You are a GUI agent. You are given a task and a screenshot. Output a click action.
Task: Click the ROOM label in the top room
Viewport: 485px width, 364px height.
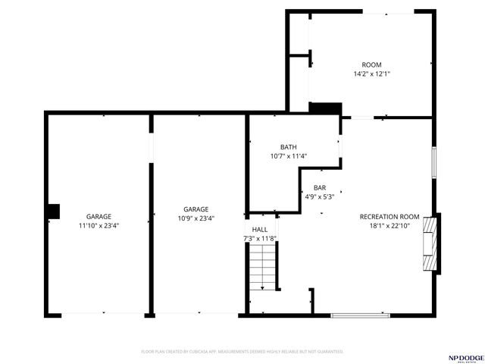[x=371, y=64]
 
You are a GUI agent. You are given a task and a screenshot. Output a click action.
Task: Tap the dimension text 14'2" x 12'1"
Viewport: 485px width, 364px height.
[x=371, y=74]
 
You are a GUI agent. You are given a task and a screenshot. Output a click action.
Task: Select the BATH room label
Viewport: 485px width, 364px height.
[x=288, y=147]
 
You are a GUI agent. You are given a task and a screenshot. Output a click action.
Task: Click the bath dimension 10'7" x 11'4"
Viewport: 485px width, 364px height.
[x=288, y=156]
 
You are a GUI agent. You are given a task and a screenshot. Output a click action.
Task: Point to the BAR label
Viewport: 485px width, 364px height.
[x=320, y=187]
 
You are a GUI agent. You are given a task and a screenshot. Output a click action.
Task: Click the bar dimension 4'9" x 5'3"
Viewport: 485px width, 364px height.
[x=320, y=196]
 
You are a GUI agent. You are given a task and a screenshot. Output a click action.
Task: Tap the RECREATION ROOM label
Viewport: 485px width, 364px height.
[x=389, y=216]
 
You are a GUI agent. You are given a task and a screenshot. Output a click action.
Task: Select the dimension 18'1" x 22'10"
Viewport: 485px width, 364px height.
[x=389, y=225]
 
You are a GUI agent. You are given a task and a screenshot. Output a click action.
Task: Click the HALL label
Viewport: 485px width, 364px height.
[x=259, y=229]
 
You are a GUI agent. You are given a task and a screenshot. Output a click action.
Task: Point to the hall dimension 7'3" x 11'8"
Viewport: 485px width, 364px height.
[x=259, y=238]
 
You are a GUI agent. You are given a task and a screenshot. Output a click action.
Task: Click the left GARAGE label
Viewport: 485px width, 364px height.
[x=99, y=216]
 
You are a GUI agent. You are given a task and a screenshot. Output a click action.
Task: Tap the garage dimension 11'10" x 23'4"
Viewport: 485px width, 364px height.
[x=99, y=225]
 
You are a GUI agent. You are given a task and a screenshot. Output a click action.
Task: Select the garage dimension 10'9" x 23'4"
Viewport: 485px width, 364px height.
[x=196, y=218]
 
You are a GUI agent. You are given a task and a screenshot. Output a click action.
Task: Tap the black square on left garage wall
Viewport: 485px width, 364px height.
[x=53, y=211]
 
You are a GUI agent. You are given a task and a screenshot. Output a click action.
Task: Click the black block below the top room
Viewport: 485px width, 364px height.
[x=325, y=108]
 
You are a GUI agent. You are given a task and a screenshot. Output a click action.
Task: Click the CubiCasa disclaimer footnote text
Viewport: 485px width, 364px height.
[x=242, y=352]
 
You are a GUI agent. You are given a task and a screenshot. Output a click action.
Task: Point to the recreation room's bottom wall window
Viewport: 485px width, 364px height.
[x=360, y=315]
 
